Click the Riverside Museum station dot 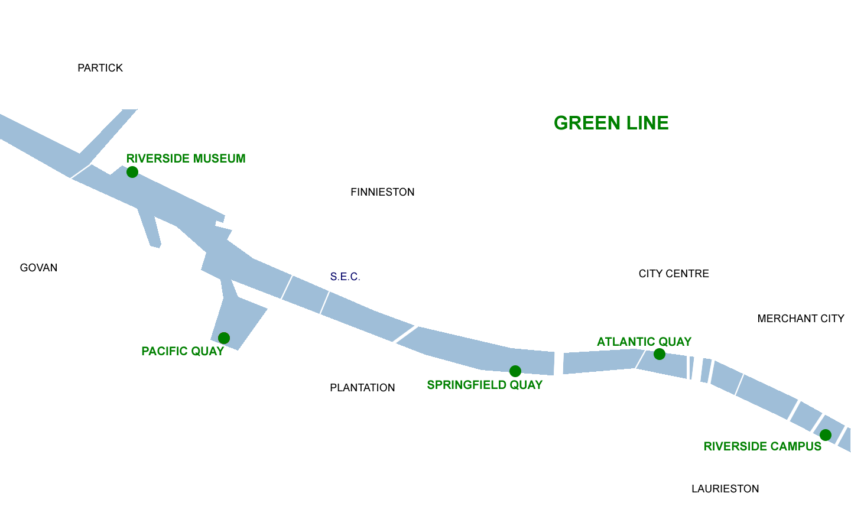[x=132, y=172]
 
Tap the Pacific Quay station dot [x=224, y=338]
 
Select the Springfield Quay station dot [x=515, y=371]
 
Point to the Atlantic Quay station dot [x=660, y=354]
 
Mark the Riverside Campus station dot [x=826, y=435]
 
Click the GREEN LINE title [x=611, y=123]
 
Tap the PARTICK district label [x=100, y=68]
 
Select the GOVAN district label [x=39, y=268]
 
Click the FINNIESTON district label [x=382, y=192]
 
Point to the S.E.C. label [x=345, y=277]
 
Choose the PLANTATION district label [x=362, y=388]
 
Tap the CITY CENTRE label [x=674, y=274]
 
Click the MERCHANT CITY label [x=801, y=319]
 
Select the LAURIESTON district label [x=725, y=489]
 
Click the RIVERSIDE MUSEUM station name [x=186, y=158]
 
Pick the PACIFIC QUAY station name [x=183, y=351]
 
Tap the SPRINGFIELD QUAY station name [x=485, y=385]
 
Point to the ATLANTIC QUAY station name [x=644, y=342]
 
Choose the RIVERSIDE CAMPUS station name [x=762, y=446]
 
